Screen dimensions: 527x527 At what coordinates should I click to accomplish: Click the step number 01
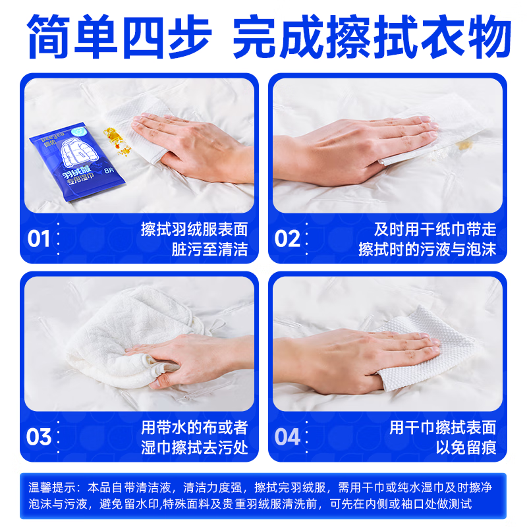tap(39, 238)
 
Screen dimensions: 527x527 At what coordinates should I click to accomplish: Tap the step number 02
tap(288, 238)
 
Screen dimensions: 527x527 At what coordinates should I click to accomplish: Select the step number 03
tap(39, 437)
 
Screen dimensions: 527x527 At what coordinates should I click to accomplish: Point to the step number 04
tap(288, 437)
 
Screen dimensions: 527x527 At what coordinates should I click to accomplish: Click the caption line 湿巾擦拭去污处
tap(194, 448)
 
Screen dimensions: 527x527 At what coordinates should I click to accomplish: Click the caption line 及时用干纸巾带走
tap(435, 229)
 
